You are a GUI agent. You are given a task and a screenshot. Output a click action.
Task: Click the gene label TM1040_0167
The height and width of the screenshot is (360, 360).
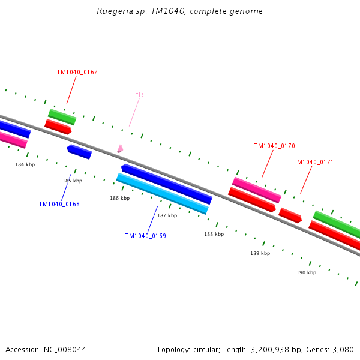coord(77,72)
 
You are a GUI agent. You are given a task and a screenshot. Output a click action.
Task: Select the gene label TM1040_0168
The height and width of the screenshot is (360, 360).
coord(59,204)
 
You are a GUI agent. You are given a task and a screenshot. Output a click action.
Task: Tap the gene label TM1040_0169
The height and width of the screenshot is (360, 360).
coord(145,236)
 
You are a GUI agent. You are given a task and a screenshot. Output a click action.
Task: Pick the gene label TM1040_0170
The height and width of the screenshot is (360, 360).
coord(274,146)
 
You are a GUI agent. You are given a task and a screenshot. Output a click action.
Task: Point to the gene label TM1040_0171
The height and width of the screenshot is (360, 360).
coord(313,162)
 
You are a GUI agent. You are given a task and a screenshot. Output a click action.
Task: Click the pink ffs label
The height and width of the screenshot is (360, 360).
coord(140,94)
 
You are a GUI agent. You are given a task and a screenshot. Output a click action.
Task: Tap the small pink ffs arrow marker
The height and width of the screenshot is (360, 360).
coord(120,148)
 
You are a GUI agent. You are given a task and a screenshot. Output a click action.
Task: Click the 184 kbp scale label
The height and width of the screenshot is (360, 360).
coord(25,164)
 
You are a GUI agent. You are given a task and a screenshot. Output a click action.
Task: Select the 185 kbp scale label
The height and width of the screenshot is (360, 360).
coord(73,181)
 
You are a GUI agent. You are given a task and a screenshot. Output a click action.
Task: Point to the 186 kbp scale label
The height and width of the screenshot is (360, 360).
coord(119,198)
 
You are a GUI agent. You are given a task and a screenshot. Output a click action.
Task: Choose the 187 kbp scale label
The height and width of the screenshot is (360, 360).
coord(167,215)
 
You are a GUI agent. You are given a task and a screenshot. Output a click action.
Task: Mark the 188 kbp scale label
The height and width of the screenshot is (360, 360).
coord(214,234)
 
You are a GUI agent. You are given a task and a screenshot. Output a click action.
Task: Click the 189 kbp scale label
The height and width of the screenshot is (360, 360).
coord(260,253)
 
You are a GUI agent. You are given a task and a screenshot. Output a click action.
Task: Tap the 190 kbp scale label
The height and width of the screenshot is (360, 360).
coord(306,272)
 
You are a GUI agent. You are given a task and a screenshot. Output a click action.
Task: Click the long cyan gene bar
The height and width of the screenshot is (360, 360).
coord(162,194)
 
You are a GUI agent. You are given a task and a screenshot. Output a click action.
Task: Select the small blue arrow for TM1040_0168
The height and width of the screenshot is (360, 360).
coord(79,152)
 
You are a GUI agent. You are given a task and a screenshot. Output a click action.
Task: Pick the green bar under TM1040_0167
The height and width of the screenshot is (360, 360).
coord(62,117)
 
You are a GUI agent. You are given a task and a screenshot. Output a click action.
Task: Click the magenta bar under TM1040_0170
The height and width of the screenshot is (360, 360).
coord(257,190)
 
